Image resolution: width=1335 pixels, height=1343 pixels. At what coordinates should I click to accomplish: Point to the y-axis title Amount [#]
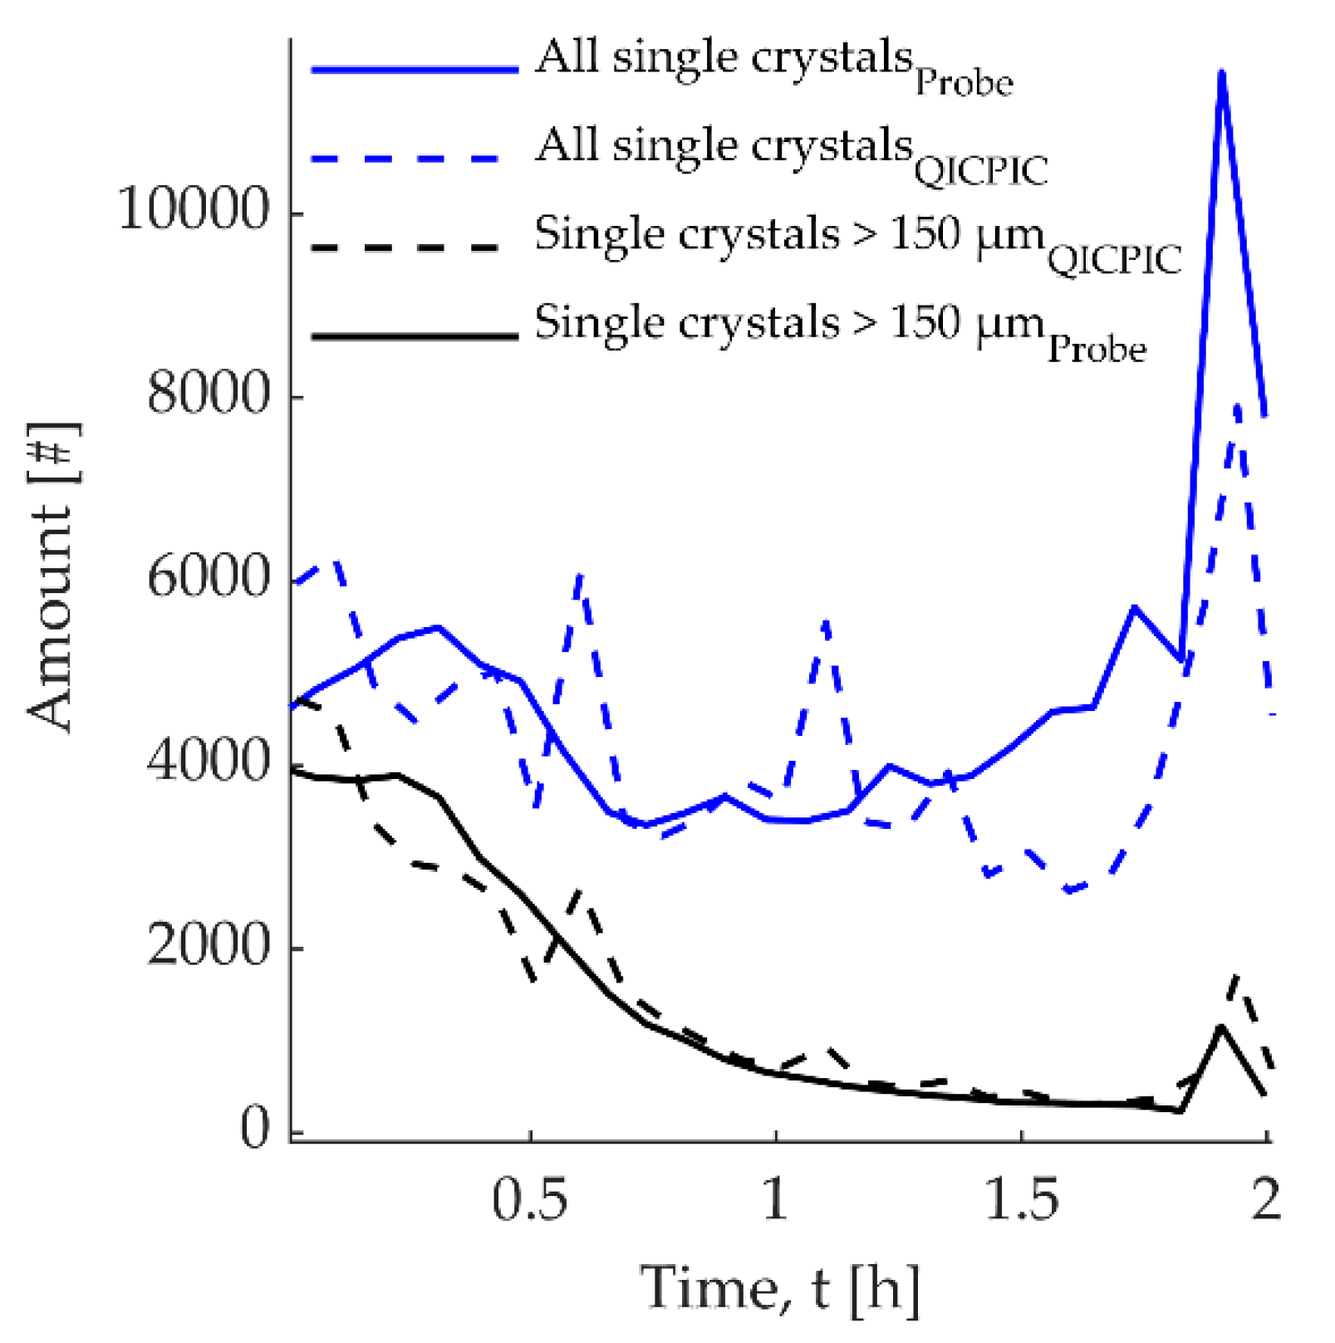pyautogui.click(x=52, y=578)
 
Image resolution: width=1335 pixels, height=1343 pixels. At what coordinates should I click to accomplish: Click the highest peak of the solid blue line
pyautogui.click(x=1221, y=73)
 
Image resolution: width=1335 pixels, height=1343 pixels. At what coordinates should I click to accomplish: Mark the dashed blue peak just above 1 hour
pyautogui.click(x=826, y=621)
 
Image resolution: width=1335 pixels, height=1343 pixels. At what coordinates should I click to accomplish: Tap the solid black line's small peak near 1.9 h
pyautogui.click(x=1220, y=1027)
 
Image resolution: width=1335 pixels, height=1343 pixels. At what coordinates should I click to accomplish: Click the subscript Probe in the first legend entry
pyautogui.click(x=964, y=84)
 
